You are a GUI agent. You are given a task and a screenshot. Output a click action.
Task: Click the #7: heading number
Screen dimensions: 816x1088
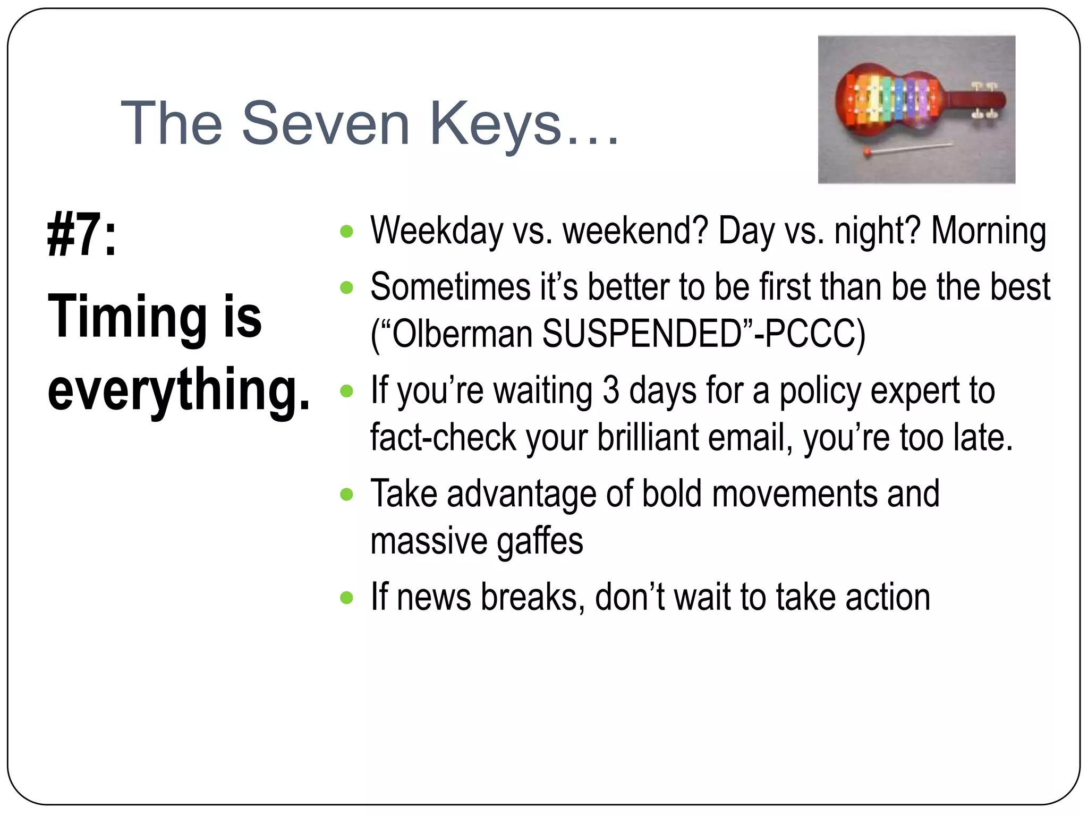coord(82,234)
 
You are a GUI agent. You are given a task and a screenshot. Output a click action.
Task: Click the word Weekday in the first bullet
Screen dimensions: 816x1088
coord(436,231)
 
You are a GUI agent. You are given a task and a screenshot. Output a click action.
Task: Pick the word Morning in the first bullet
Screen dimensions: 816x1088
coord(989,231)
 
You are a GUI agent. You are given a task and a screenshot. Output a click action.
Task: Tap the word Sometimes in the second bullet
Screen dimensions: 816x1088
coord(450,287)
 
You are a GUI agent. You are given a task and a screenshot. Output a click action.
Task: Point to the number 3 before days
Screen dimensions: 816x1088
coord(611,390)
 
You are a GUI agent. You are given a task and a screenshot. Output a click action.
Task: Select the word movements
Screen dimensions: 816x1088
coord(794,494)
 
